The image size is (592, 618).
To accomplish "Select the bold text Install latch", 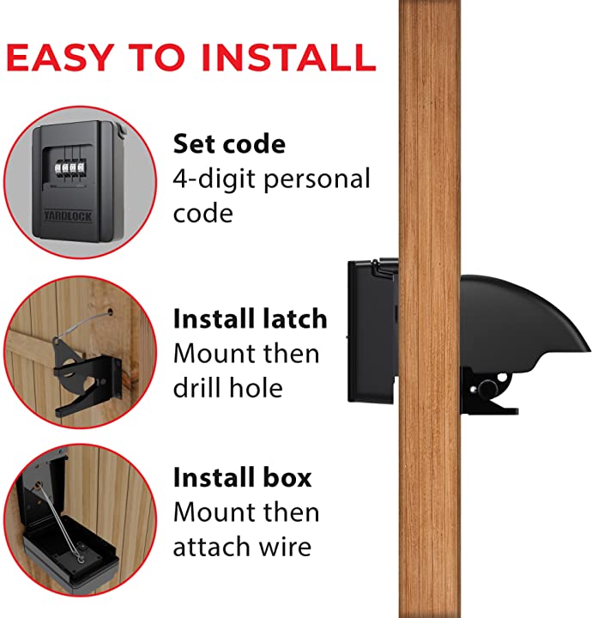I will (250, 319).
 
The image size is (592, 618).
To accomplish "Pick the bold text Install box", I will (242, 477).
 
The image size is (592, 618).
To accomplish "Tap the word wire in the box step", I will (288, 547).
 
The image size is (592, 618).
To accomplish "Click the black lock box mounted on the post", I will (372, 330).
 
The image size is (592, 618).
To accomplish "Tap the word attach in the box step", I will (209, 547).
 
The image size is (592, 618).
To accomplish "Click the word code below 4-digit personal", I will (203, 212).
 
